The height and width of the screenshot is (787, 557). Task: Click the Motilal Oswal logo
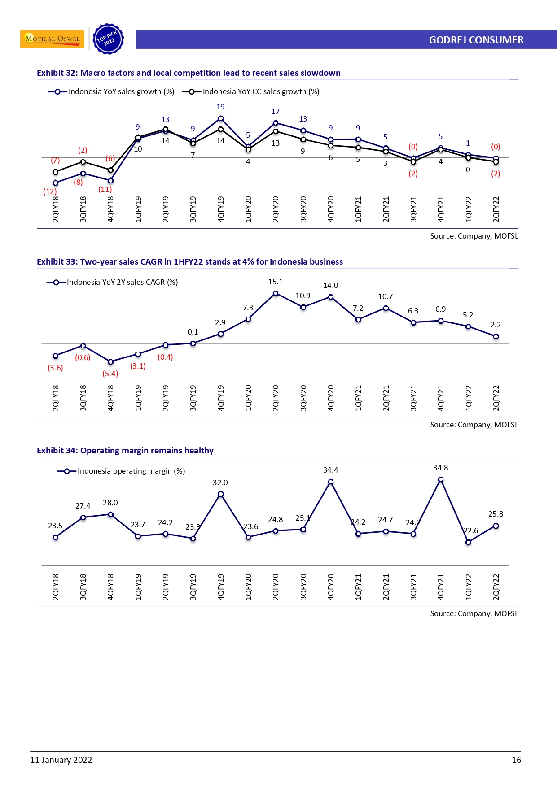[52, 39]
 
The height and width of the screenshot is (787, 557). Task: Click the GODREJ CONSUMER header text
[476, 40]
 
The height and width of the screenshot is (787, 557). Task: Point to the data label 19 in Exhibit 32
[220, 107]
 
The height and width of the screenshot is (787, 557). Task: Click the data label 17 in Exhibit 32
[275, 111]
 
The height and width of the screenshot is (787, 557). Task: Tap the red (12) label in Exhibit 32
[50, 191]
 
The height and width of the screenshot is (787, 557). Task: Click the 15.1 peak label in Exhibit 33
[275, 282]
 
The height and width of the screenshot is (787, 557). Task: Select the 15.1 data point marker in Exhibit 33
[276, 293]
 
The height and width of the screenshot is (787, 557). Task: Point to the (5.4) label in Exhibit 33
[110, 374]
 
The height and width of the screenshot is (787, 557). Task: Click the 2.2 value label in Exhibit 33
[496, 325]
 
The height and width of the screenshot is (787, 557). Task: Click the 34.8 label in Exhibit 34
[440, 468]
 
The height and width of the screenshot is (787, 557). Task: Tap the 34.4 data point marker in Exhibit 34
[331, 482]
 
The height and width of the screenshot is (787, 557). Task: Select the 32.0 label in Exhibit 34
[220, 483]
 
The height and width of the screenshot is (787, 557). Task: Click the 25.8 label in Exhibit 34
[496, 514]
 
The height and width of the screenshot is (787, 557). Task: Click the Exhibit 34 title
[125, 450]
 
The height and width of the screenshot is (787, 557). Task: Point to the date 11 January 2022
[61, 760]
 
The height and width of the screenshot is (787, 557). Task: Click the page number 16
[516, 760]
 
